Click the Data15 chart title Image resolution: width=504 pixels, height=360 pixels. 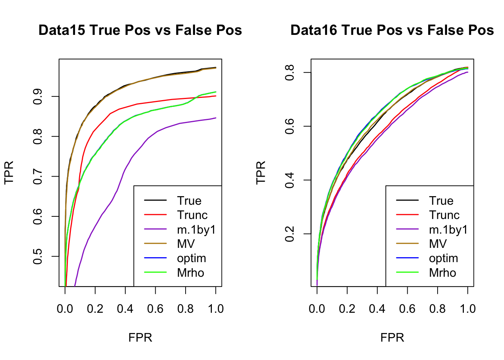point(140,30)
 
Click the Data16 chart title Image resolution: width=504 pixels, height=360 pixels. point(392,30)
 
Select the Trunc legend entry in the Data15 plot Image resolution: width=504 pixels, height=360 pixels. point(192,215)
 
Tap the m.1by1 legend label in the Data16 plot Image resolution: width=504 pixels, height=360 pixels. point(448,229)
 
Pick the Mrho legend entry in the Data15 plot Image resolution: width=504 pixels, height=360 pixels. point(190,273)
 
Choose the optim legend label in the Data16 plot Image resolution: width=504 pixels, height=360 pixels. point(443,258)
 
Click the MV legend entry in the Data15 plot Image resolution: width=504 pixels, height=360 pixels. point(186,244)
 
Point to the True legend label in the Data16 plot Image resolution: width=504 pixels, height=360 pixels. point(441,201)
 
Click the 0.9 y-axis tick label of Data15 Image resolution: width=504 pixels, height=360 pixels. point(38,96)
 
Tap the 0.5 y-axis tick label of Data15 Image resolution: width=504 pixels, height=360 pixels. point(38,256)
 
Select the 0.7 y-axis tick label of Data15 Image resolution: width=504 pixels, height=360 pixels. point(38,176)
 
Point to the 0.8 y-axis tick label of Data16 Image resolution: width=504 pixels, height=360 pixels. point(290,72)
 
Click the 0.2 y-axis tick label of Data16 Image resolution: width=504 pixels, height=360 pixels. point(290,234)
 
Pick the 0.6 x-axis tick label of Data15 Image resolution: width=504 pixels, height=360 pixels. point(155,309)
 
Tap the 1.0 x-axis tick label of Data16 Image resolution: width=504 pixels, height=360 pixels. point(467,309)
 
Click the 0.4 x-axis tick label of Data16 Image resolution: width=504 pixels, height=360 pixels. point(377,309)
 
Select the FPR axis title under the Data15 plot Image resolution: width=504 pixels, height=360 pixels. point(140,337)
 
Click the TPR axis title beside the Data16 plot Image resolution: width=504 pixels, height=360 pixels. point(261,172)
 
